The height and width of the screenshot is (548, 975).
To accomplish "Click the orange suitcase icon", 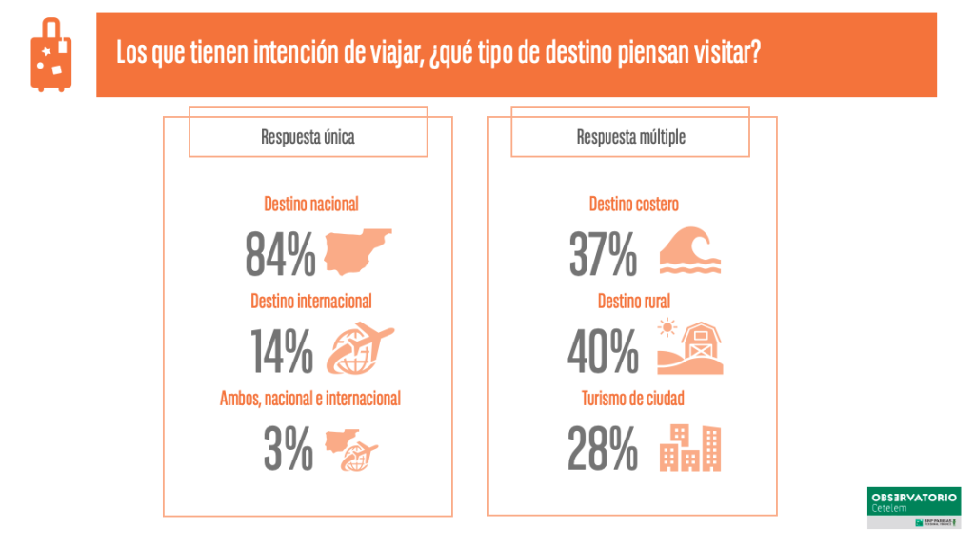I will coord(50,55).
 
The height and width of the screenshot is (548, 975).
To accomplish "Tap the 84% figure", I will coord(280,253).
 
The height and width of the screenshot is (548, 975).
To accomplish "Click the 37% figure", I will coord(603,253).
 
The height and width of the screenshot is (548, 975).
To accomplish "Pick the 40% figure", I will coord(603,350).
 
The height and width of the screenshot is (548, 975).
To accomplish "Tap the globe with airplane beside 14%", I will coord(360,348).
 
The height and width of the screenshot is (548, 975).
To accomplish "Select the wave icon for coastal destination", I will coord(689,251).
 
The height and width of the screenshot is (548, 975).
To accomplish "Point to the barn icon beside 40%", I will coord(690,347).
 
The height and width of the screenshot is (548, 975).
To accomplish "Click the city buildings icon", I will coord(690,447).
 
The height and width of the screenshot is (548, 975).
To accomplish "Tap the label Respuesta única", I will coord(308,137).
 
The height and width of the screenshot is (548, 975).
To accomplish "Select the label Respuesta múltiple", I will coord(630,137).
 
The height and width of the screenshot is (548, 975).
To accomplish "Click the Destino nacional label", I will coord(310,204).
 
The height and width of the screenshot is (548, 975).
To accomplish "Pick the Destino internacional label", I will coord(310,301).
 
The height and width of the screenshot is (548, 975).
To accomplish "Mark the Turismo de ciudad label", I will coord(633,399).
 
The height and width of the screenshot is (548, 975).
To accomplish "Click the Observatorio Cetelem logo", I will coord(913,507).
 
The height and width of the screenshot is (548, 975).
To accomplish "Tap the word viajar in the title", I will coord(383,52).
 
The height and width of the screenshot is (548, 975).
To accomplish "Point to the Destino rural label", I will coord(633,301).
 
